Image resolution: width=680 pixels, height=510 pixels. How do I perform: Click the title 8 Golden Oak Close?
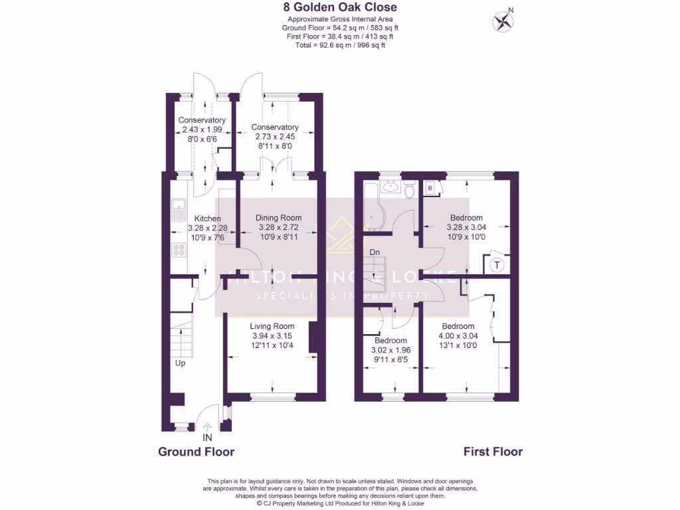(339, 8)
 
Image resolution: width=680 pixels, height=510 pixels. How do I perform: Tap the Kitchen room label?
(207, 218)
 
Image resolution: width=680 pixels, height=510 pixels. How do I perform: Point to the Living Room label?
(272, 326)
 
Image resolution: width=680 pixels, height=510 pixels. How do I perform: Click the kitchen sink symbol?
(179, 211)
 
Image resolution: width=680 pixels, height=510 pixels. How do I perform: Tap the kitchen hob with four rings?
(179, 250)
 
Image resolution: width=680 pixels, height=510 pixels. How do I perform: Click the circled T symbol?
(496, 265)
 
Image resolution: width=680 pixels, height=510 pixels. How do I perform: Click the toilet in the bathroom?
(409, 191)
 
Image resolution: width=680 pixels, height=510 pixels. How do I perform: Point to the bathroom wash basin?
(391, 187)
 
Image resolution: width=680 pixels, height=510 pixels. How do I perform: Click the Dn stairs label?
(375, 252)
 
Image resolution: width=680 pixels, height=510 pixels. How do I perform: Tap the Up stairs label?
(180, 363)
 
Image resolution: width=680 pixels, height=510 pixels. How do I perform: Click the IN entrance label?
(207, 438)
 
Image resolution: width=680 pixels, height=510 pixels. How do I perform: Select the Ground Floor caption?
(196, 452)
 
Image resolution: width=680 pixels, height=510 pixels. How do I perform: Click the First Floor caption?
(493, 452)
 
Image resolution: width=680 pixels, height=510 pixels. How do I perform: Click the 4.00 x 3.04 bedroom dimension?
(458, 336)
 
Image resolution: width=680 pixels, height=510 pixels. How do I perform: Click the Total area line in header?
(339, 45)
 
